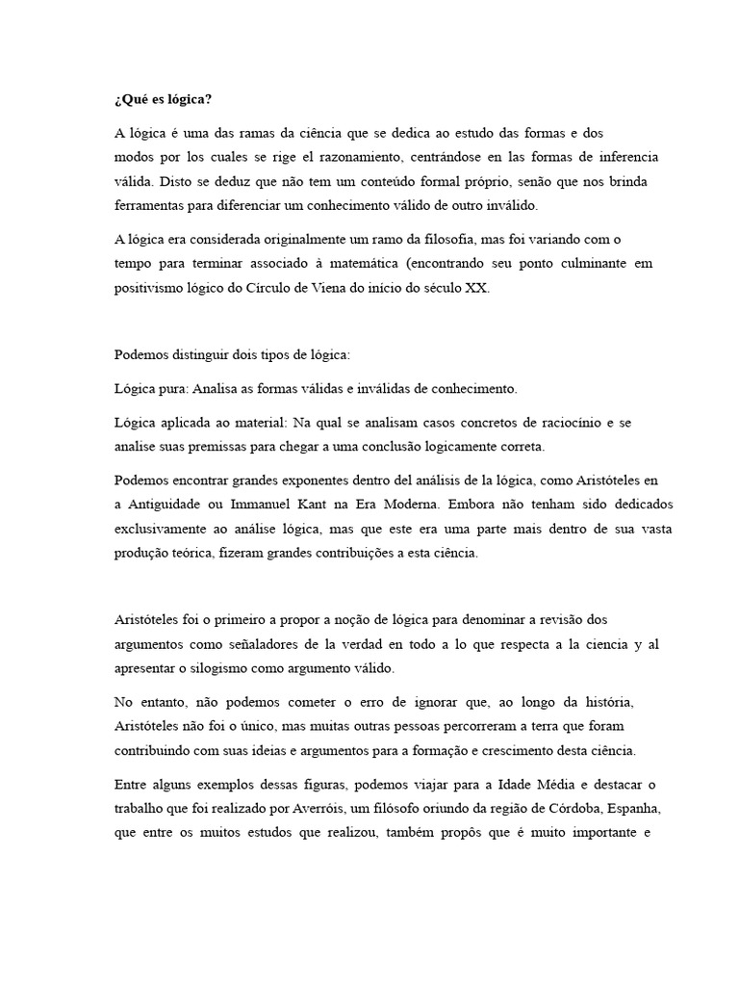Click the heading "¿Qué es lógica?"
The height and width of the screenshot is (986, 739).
(x=163, y=100)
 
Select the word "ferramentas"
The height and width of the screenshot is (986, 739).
(x=148, y=206)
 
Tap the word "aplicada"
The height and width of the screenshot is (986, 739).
(x=186, y=423)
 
